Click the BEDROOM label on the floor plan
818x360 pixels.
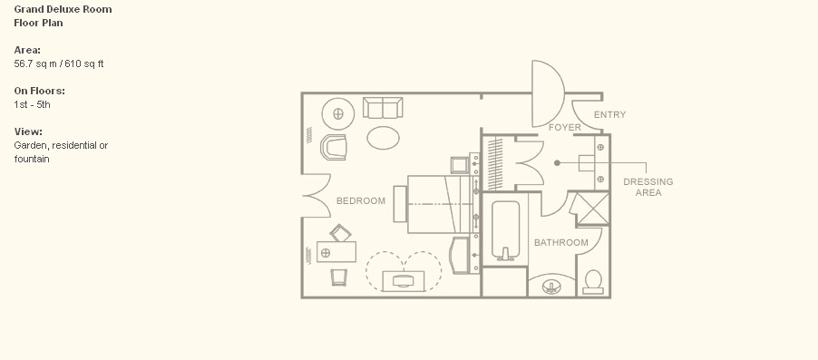[x=361, y=201]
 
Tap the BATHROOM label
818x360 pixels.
[x=560, y=243]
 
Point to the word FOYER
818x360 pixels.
[x=564, y=127]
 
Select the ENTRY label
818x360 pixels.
[x=609, y=115]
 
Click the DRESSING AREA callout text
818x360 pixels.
[x=648, y=188]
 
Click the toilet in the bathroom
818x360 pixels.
[x=593, y=282]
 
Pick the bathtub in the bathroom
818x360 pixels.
[x=505, y=230]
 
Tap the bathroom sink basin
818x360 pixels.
[x=550, y=287]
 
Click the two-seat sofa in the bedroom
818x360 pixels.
[x=383, y=108]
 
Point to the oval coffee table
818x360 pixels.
[x=383, y=138]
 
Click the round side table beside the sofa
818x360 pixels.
[x=338, y=113]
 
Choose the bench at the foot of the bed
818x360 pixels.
[x=400, y=204]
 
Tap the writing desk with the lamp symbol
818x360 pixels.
[x=336, y=252]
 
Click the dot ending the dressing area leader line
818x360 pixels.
[x=557, y=163]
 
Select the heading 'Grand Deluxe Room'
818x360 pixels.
[x=63, y=9]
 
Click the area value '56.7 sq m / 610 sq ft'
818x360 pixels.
[x=59, y=64]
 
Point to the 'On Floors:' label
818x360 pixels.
[x=40, y=91]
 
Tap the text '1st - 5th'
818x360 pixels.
[x=33, y=105]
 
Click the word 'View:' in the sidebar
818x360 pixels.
[x=28, y=131]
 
